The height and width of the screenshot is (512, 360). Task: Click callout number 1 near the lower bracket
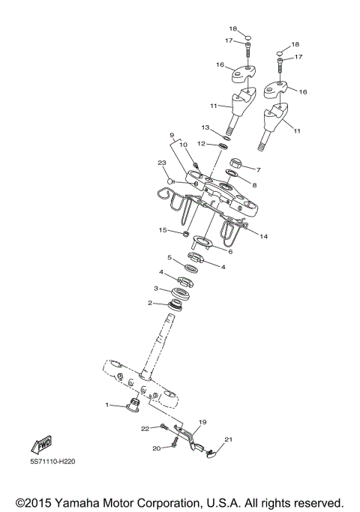tap(107, 405)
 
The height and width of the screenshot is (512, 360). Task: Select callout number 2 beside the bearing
tap(150, 303)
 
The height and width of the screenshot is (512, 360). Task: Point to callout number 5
tap(169, 257)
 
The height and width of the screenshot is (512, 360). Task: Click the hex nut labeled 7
tap(233, 163)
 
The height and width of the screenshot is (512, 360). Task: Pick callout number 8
tap(255, 184)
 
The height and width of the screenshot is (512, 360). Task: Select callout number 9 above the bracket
tap(171, 136)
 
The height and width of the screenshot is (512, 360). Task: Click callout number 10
tap(182, 145)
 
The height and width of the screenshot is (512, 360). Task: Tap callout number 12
tap(202, 143)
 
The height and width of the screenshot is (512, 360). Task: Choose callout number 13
tap(205, 128)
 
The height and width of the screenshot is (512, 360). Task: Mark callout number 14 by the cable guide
tap(263, 236)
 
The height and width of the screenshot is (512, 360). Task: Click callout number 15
tap(161, 230)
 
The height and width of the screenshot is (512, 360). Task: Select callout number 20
tap(157, 448)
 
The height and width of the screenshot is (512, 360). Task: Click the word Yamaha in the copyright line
tap(105, 502)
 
